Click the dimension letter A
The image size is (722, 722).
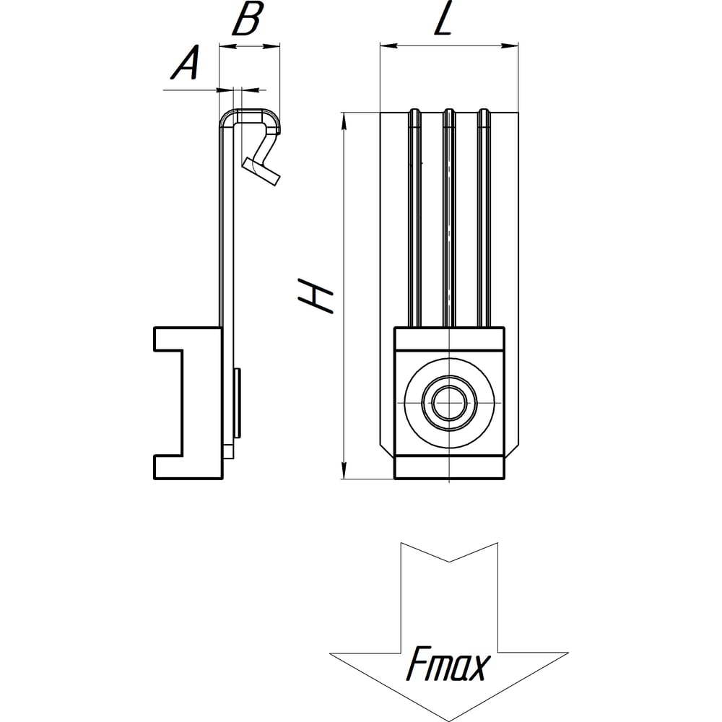(x=186, y=62)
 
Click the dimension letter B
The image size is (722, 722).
(x=247, y=19)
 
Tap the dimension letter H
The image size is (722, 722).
(x=316, y=295)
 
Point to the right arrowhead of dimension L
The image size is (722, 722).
(x=510, y=45)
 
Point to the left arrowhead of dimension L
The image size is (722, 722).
(x=388, y=45)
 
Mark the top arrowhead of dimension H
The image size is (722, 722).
(x=343, y=121)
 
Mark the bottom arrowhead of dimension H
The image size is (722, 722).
(x=343, y=470)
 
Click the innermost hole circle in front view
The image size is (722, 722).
(x=449, y=402)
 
